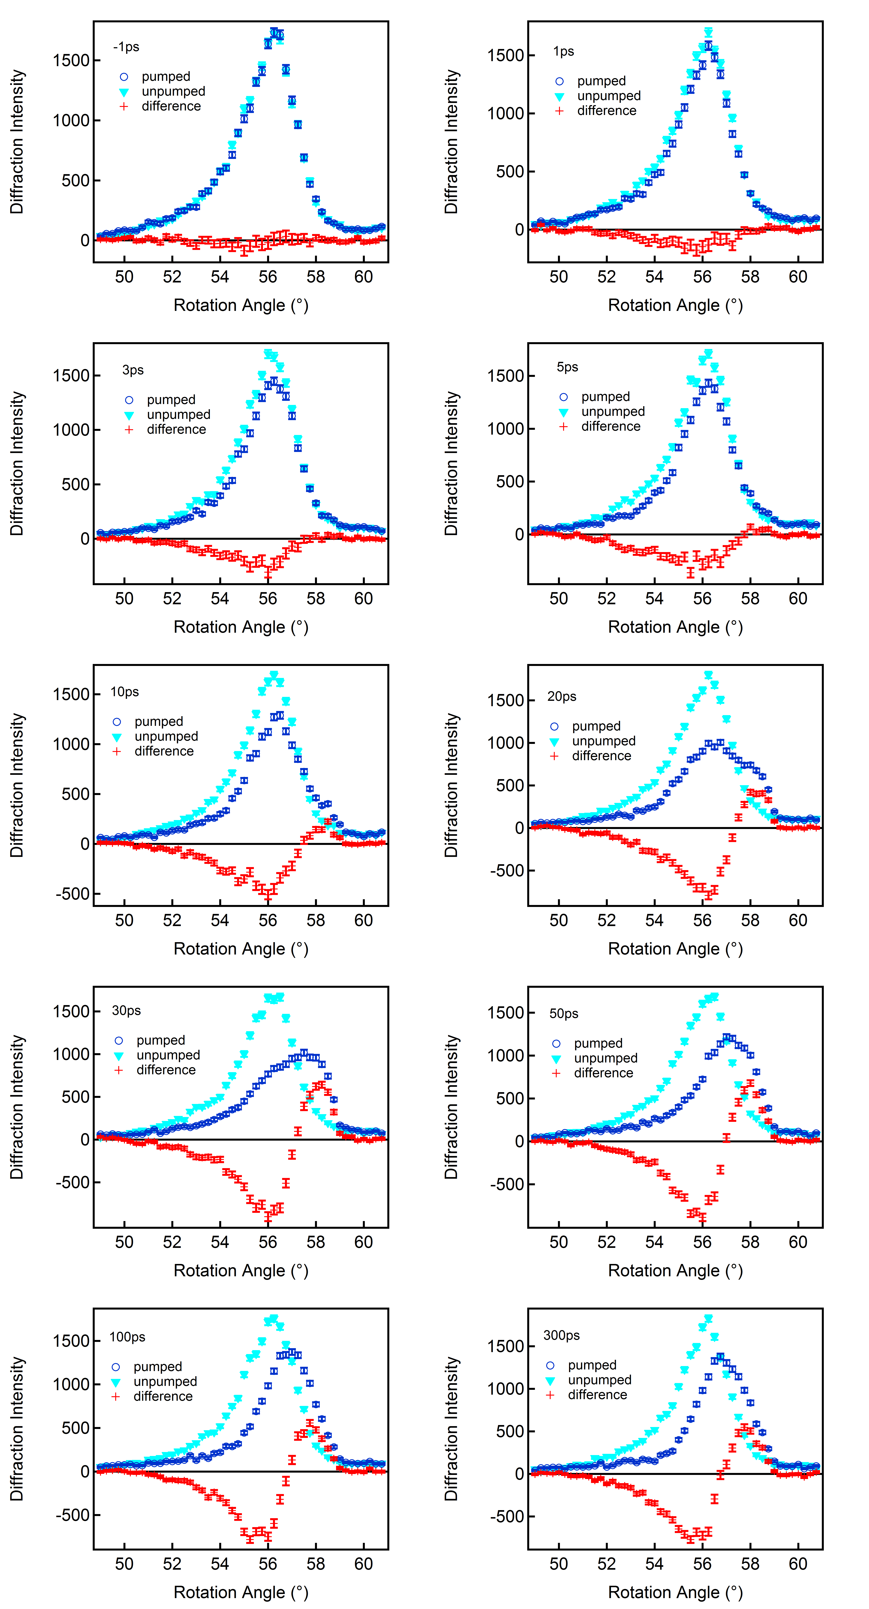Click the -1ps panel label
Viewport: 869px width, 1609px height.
click(x=126, y=47)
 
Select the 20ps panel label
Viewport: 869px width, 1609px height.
click(x=562, y=697)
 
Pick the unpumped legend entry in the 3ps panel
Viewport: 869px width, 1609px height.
click(x=178, y=415)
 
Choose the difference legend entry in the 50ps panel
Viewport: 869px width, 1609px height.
click(x=603, y=1073)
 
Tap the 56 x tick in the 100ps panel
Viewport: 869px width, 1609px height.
click(x=268, y=1564)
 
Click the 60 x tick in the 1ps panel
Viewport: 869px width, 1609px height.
click(x=798, y=277)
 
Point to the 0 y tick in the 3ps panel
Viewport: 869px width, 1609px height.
click(x=85, y=538)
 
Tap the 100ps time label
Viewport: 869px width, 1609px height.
click(x=127, y=1337)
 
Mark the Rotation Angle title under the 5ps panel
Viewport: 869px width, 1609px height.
click(x=676, y=627)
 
